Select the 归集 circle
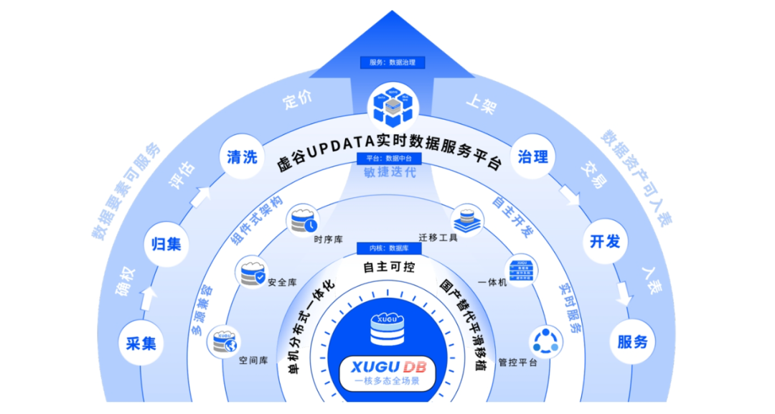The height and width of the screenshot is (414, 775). coord(166,244)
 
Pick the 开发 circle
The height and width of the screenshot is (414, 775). coord(605,241)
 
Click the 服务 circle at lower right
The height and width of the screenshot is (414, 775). coord(633,342)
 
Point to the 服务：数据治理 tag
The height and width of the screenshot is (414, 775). coord(393,62)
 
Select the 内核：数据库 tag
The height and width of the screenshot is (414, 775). coord(389,248)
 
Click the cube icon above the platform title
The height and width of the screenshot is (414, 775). coord(391,105)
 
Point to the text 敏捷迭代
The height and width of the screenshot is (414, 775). coord(388,173)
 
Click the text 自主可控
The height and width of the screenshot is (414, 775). coord(388,267)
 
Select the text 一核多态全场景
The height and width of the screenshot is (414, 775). coord(387,382)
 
